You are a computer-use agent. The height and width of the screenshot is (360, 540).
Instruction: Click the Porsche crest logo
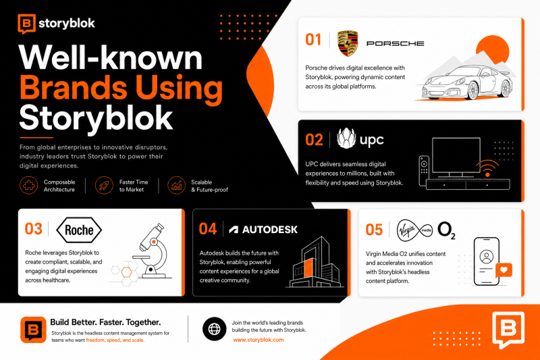348,43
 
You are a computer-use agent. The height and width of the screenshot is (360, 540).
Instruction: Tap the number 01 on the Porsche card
313,40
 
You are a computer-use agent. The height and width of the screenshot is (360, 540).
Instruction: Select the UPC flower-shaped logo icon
346,138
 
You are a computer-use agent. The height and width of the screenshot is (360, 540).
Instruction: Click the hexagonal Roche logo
79,230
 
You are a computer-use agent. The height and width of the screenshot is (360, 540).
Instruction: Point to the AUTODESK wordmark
269,230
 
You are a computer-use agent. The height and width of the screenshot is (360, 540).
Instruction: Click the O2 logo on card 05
446,230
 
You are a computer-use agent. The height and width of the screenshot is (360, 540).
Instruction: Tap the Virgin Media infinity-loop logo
414,230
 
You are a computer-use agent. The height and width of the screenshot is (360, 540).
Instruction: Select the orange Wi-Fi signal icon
487,168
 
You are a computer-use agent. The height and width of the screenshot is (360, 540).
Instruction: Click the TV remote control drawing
424,170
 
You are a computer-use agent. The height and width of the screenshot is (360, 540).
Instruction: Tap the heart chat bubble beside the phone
504,270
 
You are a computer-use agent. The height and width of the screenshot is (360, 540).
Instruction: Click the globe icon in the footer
214,329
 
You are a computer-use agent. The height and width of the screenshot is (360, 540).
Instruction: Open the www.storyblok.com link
259,340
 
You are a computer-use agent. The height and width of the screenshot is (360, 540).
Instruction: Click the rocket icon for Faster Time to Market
104,185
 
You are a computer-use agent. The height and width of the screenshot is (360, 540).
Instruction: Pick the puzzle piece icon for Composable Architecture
28,185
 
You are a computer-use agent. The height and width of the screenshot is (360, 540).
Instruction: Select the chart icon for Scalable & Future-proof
176,185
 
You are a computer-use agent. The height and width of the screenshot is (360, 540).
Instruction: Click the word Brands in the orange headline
74,88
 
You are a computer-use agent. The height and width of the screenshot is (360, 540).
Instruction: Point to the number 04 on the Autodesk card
208,229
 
